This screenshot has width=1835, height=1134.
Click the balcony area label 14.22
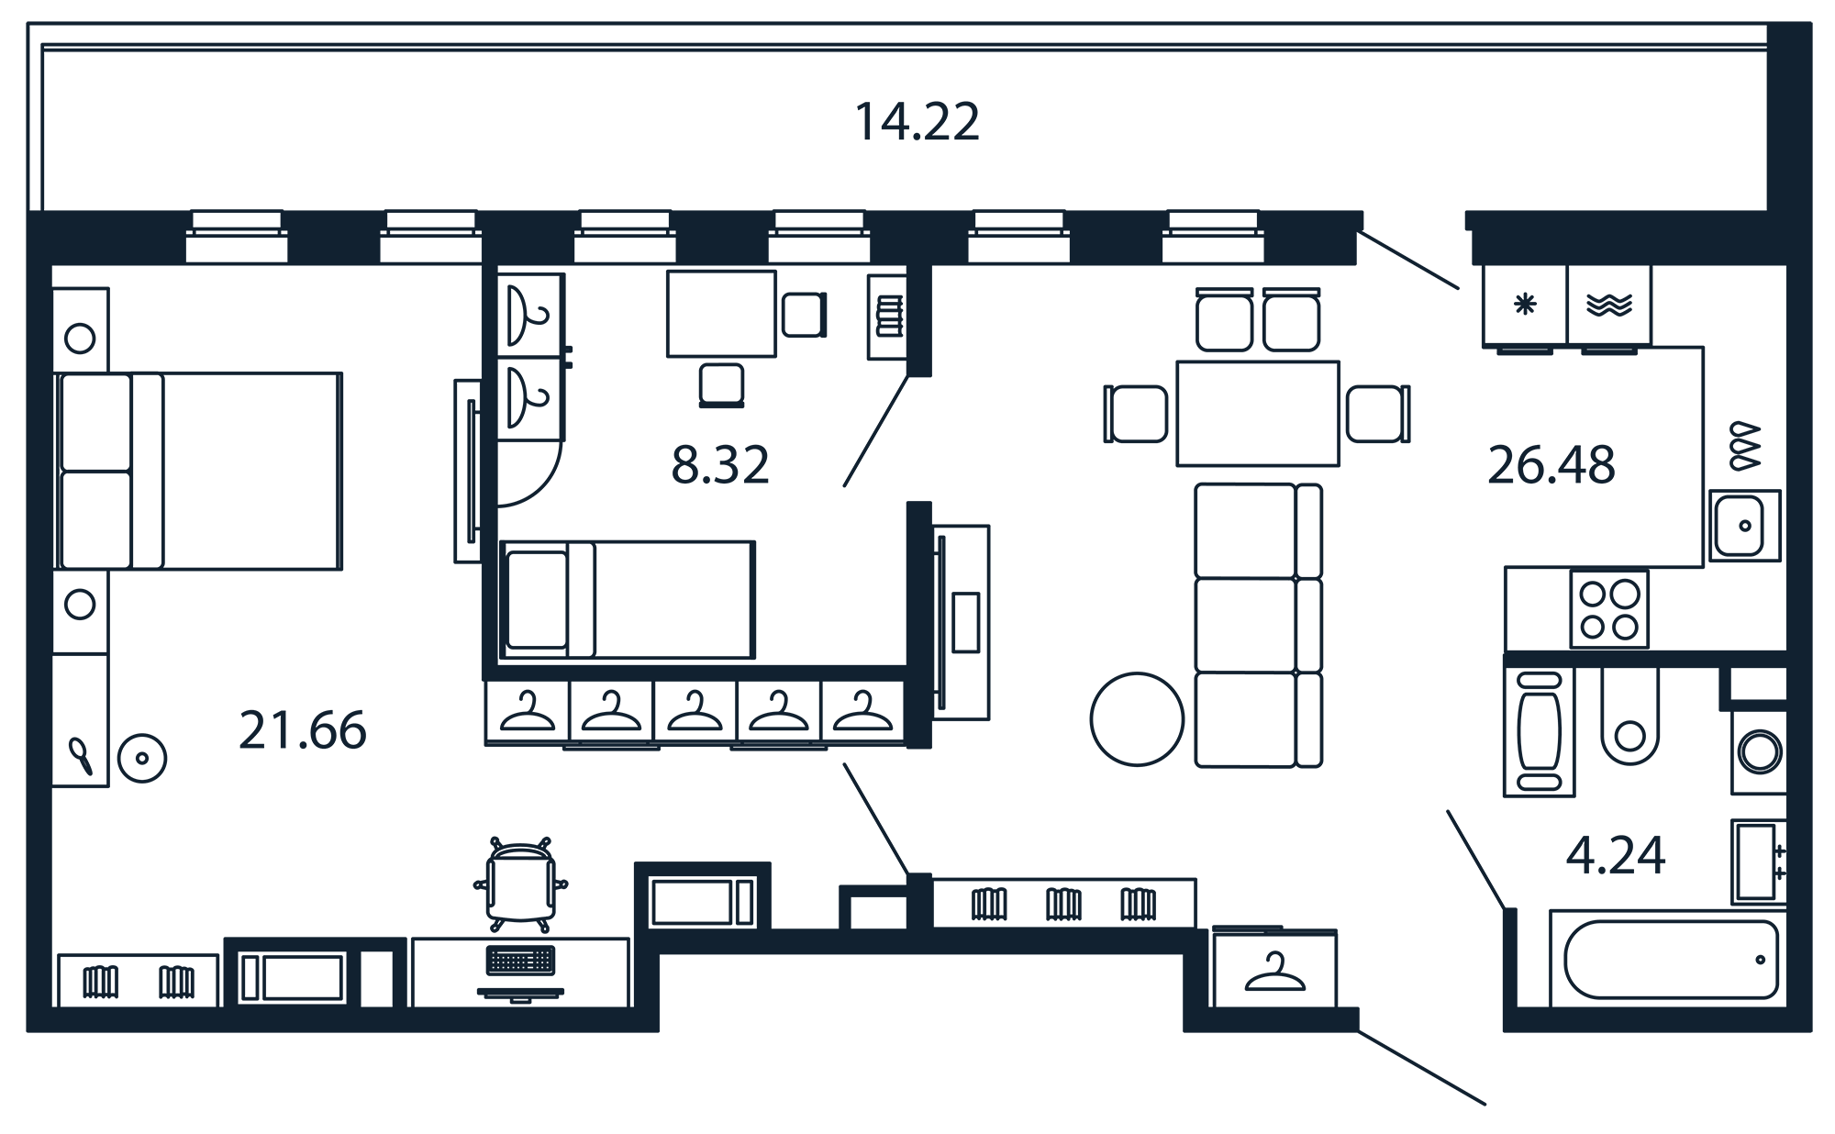pos(917,122)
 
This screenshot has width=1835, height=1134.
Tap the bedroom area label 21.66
pos(303,730)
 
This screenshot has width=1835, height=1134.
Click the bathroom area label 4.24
pos(1616,855)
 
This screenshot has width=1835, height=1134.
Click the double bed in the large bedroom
pos(198,471)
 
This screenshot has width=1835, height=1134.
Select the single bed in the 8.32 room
pos(628,599)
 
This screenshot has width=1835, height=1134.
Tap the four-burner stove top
pos(1609,609)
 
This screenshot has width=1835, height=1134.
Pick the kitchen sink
pos(1744,526)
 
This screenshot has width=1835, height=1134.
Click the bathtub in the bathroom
pos(1671,960)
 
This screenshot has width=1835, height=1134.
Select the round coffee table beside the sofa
pos(1137,719)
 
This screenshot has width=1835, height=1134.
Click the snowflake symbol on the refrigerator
pos(1525,305)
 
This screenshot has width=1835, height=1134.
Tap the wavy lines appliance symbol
pos(1609,305)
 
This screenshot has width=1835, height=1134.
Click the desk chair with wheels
pos(520,882)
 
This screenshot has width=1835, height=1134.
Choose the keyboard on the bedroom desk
pos(520,960)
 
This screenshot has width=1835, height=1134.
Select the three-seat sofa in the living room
pos(1258,625)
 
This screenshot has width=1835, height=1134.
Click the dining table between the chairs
pos(1257,413)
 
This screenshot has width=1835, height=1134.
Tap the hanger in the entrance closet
pos(1274,973)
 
